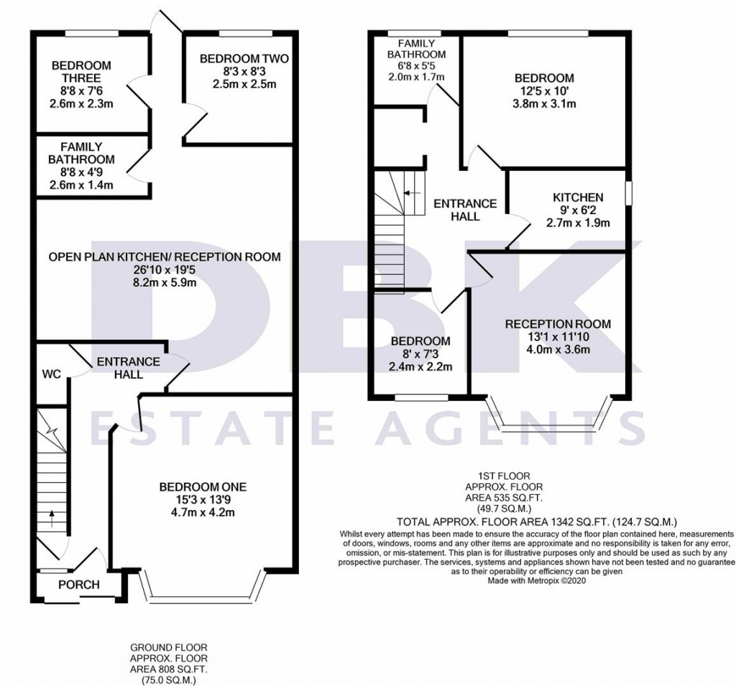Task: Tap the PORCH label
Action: click(x=78, y=584)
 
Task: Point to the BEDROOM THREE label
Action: click(x=81, y=72)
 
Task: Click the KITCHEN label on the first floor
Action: click(x=577, y=197)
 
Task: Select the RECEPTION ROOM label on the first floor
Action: click(x=558, y=324)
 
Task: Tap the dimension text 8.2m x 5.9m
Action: click(x=165, y=282)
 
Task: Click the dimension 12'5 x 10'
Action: click(x=543, y=91)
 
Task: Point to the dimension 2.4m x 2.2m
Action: click(x=420, y=367)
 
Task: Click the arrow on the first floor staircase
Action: click(x=412, y=193)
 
